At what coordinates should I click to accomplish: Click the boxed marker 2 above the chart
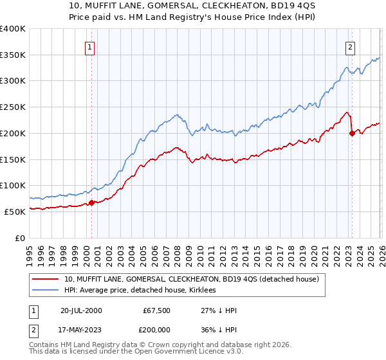(x=350, y=47)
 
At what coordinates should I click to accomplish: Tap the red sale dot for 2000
(x=91, y=203)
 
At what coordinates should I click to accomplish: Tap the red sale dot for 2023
(x=352, y=133)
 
